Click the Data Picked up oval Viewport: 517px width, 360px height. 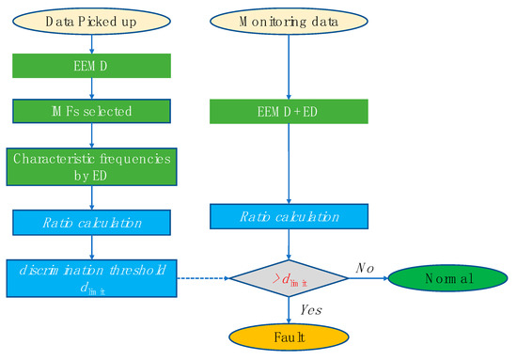(x=90, y=20)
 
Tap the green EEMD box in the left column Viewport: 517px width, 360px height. (x=90, y=66)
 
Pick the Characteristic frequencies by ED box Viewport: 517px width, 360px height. (x=90, y=167)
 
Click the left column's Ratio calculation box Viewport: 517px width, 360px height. (x=90, y=223)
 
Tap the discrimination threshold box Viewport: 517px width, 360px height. (x=90, y=277)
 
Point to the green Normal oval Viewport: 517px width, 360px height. (x=447, y=279)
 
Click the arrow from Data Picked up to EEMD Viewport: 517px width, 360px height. (x=90, y=43)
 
